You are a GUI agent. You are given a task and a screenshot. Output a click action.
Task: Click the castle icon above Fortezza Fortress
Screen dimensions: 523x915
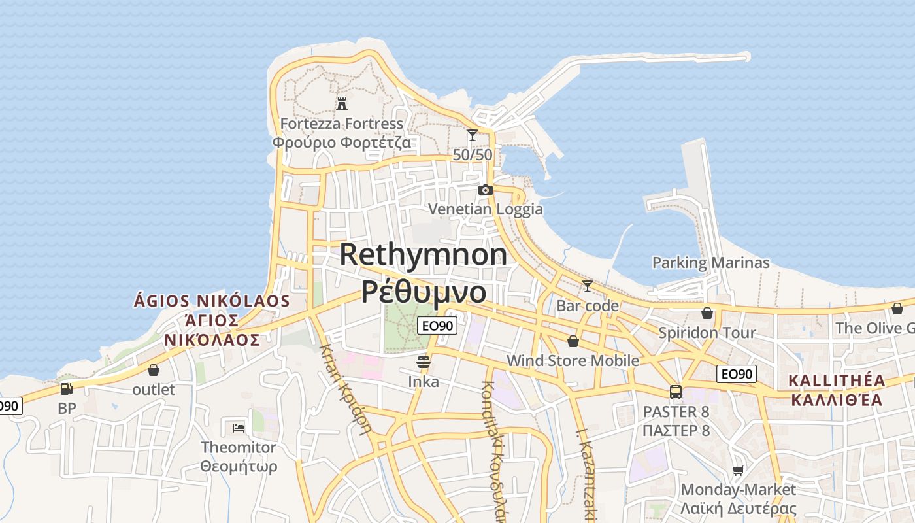341,103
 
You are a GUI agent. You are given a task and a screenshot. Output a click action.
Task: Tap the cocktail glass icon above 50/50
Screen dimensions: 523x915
473,135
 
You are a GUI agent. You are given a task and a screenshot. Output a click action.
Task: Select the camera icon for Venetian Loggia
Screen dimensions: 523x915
485,190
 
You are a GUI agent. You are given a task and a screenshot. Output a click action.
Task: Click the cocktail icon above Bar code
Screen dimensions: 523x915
588,286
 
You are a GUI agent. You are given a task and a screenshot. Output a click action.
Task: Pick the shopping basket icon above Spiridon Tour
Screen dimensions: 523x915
707,313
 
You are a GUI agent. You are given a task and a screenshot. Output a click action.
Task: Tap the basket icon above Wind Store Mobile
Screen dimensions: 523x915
573,341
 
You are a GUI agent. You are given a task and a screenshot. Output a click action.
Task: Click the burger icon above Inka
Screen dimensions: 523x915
424,362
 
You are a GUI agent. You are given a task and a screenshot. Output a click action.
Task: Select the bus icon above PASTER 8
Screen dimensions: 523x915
676,392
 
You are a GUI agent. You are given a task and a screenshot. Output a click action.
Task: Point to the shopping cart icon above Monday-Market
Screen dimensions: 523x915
739,471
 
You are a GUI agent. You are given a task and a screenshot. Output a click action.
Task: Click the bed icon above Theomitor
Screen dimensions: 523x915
239,428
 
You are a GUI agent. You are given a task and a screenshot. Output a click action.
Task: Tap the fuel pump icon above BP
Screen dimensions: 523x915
66,389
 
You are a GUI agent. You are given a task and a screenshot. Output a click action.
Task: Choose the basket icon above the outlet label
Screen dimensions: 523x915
154,371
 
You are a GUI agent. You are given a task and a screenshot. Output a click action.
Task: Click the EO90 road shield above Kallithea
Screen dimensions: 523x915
737,374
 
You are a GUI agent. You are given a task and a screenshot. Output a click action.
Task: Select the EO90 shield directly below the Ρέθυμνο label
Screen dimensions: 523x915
437,325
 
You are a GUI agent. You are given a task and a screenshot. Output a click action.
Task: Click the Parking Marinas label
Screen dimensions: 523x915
710,263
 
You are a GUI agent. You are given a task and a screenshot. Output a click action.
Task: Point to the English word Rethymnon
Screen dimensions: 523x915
423,254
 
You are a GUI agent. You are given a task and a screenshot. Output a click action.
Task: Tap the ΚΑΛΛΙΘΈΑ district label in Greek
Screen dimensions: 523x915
837,399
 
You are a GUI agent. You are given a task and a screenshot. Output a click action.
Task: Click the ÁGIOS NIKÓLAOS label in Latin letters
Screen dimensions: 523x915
211,301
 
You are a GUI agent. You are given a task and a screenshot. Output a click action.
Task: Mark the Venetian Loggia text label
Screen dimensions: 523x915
485,209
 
